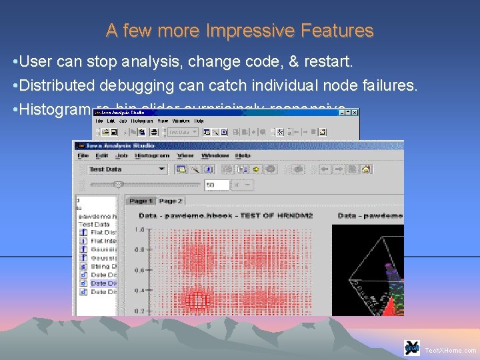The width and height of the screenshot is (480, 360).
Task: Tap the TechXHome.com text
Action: click(x=451, y=350)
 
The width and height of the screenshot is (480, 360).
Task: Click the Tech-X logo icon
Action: click(x=412, y=348)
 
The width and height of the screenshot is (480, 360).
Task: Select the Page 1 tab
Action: click(x=141, y=201)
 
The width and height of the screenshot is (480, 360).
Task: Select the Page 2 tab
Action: click(x=170, y=201)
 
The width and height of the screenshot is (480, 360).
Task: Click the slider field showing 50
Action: click(x=217, y=185)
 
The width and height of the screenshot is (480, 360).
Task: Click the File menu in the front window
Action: click(x=83, y=155)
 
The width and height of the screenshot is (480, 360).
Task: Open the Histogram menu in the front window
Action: click(x=151, y=155)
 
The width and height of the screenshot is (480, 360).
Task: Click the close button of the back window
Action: click(x=355, y=113)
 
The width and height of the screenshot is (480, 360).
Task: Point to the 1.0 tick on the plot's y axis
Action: click(x=139, y=230)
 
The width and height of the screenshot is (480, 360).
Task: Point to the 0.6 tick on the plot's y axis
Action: click(x=139, y=271)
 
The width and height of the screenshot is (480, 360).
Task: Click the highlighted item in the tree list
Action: click(x=103, y=283)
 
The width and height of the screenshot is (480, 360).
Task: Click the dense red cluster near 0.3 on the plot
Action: click(x=198, y=298)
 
